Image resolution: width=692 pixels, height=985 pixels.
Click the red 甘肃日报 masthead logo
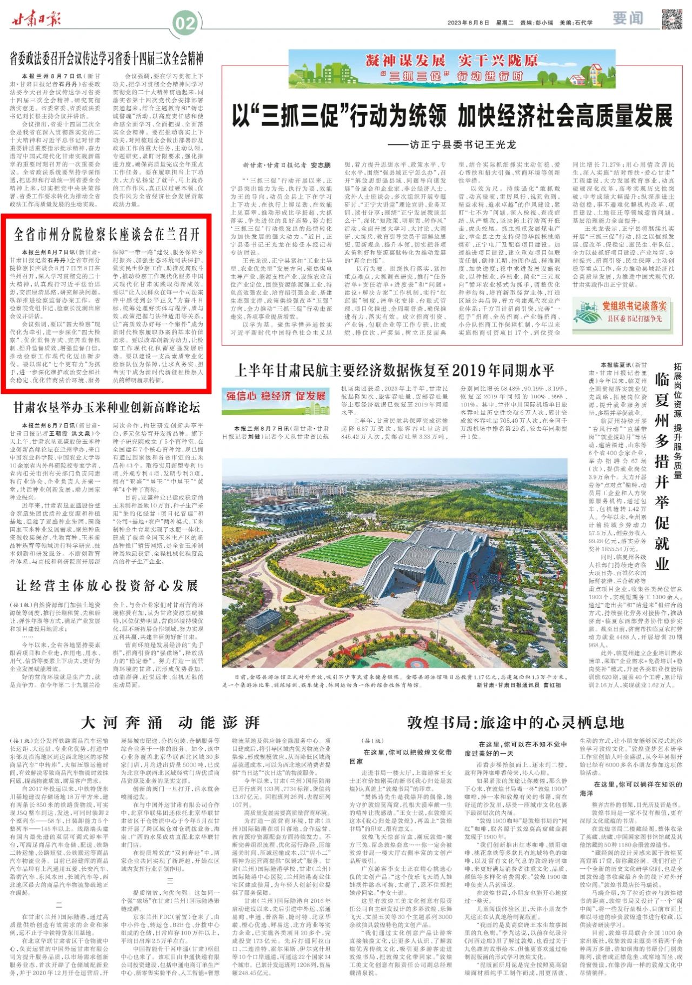click(37, 19)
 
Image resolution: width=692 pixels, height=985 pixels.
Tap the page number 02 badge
click(184, 23)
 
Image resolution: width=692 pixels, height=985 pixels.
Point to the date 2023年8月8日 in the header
click(468, 23)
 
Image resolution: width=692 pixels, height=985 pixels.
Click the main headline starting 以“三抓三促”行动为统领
click(452, 115)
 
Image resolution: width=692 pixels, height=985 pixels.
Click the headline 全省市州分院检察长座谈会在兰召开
click(107, 234)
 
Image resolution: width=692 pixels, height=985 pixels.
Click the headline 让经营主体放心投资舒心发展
click(107, 585)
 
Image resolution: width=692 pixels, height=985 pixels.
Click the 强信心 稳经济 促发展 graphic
click(276, 396)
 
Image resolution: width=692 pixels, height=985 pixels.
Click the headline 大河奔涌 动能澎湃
click(170, 722)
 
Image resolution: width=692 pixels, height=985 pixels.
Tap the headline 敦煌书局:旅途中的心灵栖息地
click(515, 722)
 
